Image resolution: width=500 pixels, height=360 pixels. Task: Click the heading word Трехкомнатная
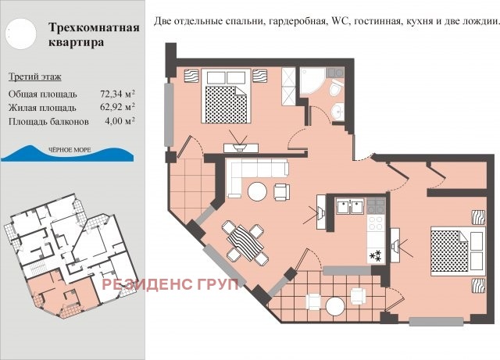click(93, 28)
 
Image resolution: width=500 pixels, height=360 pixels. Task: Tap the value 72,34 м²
click(112, 93)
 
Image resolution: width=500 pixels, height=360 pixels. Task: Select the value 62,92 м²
click(112, 107)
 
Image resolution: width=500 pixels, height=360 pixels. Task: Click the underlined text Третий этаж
click(34, 77)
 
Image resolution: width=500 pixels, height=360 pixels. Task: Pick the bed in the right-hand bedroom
click(451, 249)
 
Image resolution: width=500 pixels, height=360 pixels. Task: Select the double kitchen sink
click(349, 207)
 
